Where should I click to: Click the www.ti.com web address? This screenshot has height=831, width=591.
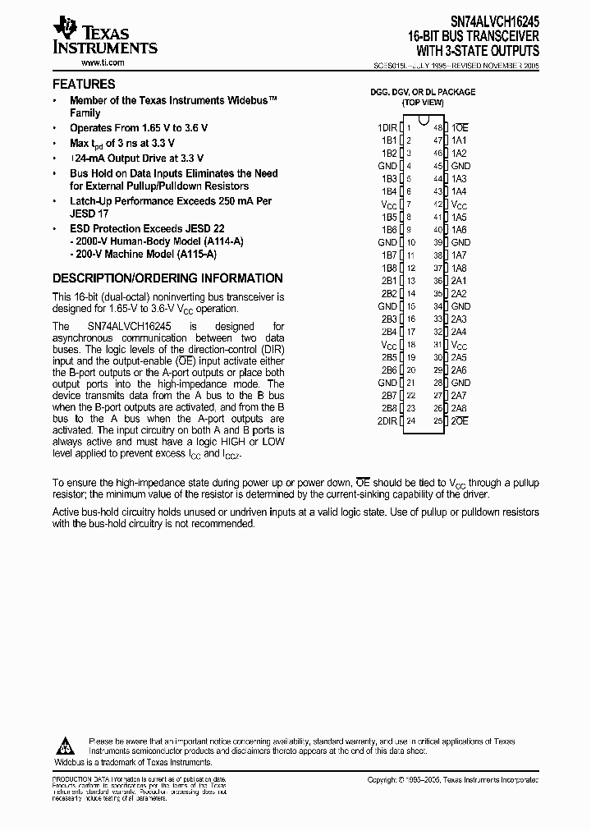pyautogui.click(x=102, y=62)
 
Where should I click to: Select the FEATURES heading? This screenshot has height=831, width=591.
pyautogui.click(x=84, y=84)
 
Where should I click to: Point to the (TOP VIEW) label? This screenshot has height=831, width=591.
pyautogui.click(x=422, y=103)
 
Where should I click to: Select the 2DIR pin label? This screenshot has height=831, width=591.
pyautogui.click(x=387, y=421)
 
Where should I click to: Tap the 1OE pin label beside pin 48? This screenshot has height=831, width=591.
pyautogui.click(x=460, y=128)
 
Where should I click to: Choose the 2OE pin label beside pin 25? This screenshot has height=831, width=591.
pyautogui.click(x=460, y=421)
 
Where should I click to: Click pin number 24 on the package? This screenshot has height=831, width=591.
pyautogui.click(x=410, y=421)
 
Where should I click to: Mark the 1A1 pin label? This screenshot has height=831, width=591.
pyautogui.click(x=459, y=140)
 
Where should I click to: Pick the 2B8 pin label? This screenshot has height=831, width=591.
pyautogui.click(x=388, y=408)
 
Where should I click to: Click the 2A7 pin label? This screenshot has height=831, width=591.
pyautogui.click(x=459, y=396)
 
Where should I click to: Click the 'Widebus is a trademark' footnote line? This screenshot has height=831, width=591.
pyautogui.click(x=133, y=762)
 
